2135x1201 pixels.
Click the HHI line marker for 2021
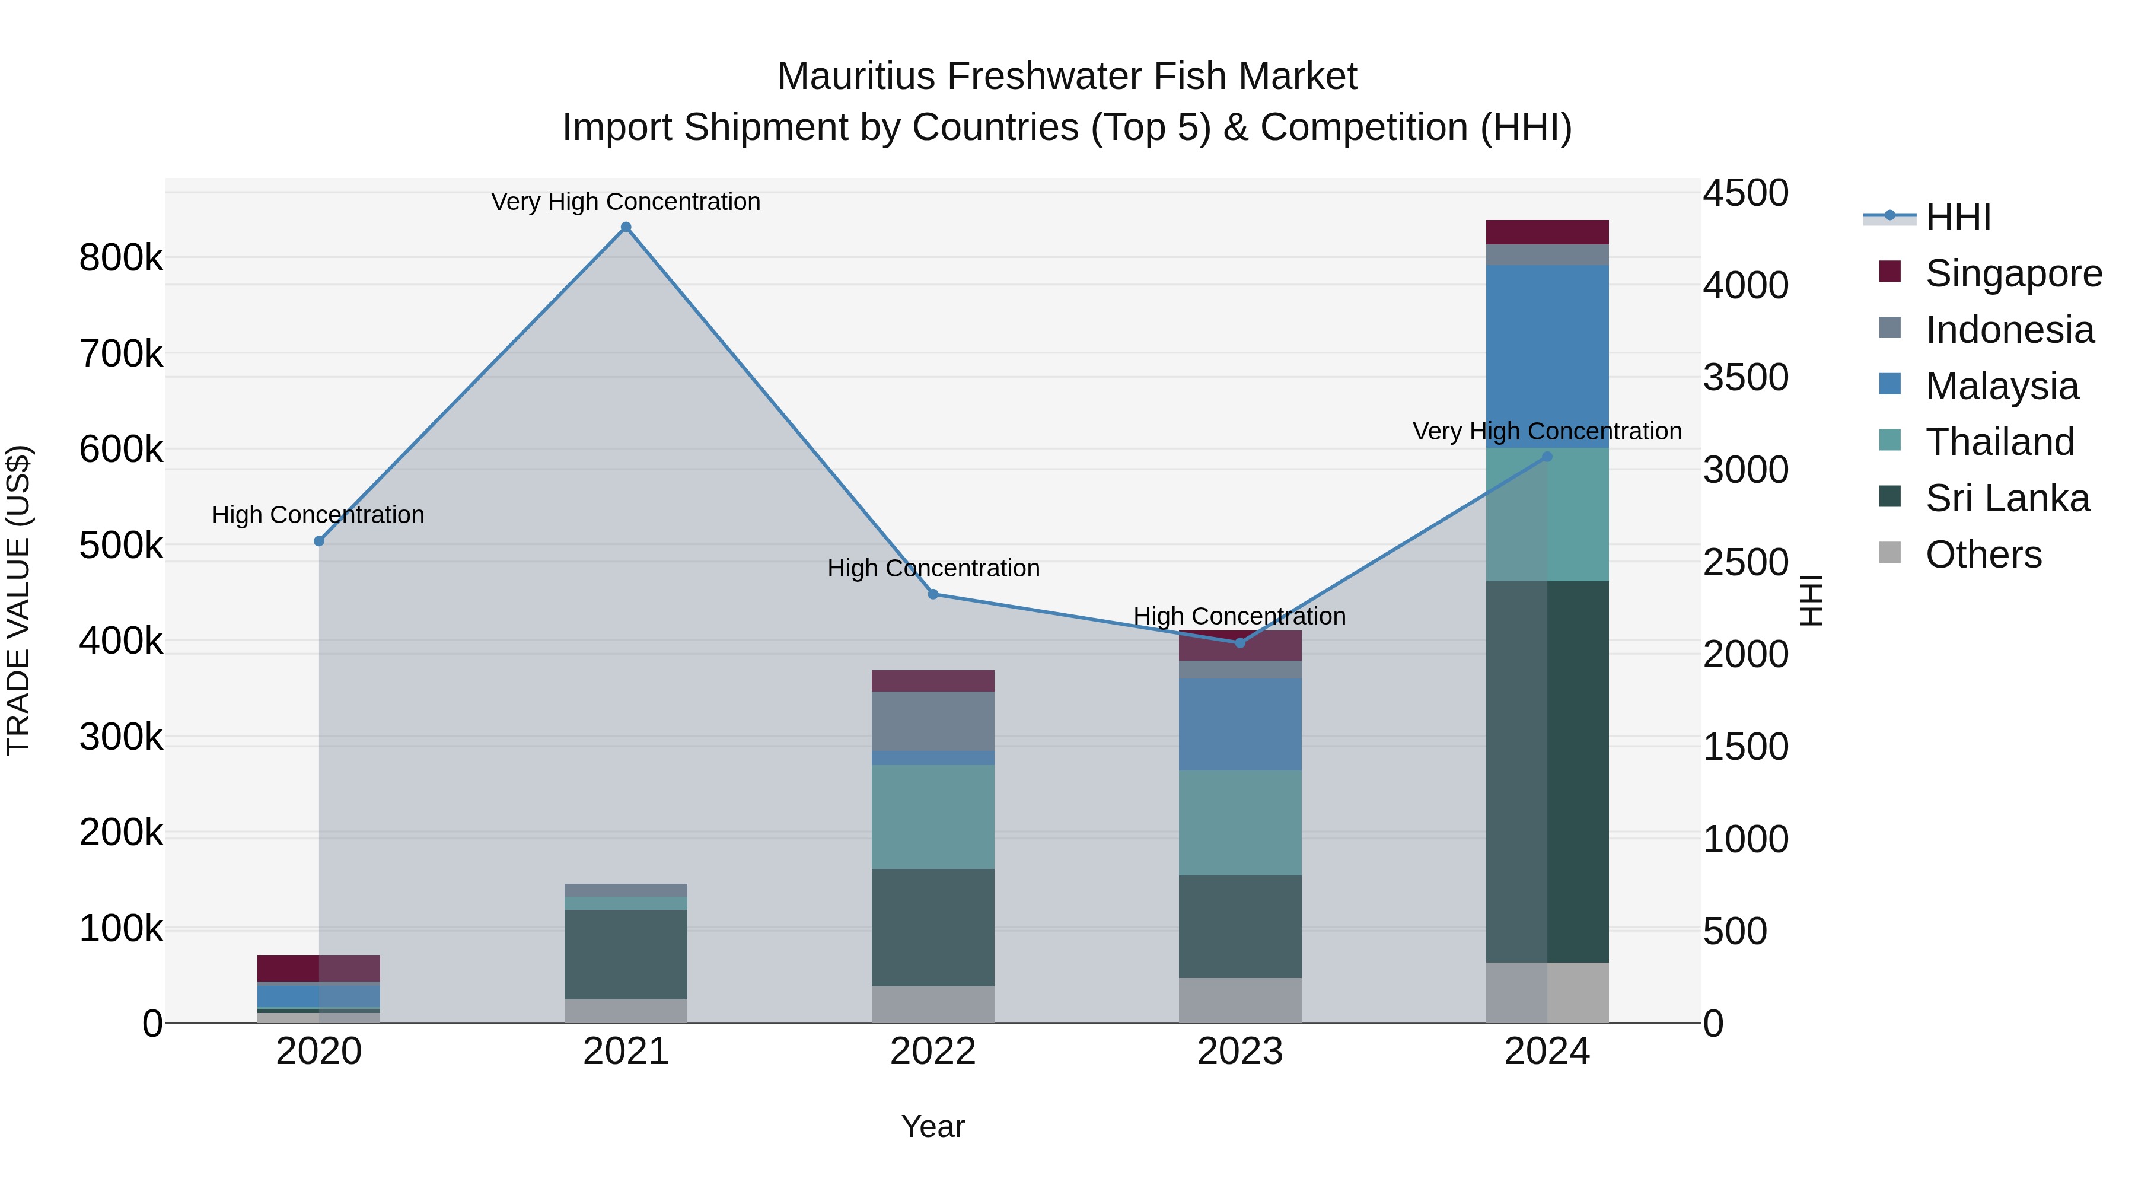point(626,227)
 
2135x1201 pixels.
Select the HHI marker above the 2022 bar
point(933,594)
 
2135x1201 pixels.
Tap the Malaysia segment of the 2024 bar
point(1547,356)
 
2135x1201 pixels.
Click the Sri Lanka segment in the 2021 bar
point(626,954)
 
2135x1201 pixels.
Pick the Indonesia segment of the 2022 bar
point(933,721)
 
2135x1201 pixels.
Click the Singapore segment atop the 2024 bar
point(1547,232)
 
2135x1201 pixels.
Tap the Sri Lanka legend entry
point(2006,498)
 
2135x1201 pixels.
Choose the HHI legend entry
point(1958,217)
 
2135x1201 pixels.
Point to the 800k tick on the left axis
point(121,258)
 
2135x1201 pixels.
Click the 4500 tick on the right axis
point(1745,193)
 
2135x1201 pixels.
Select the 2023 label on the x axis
point(1240,1052)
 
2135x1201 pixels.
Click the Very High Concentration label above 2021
point(626,202)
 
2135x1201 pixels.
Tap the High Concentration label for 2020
point(318,515)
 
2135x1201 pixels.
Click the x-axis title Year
point(933,1126)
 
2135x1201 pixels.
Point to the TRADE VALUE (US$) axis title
point(18,600)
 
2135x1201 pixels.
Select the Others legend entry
point(1983,555)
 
